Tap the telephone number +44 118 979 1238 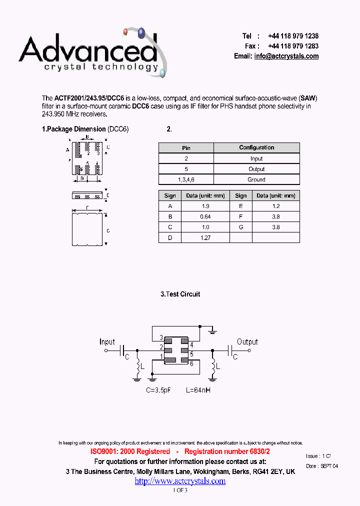293,36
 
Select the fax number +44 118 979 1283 293,46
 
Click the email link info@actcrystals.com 286,56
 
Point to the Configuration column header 256,147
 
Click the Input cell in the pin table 256,158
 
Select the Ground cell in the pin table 256,179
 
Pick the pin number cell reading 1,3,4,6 186,179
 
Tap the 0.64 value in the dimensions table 205,216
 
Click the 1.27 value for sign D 205,238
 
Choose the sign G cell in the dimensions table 240,227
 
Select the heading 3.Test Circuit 180,294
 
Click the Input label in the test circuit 107,342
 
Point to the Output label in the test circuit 247,342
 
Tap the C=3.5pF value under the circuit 158,389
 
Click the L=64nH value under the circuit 198,389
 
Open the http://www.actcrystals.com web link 180,481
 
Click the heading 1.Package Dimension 74,129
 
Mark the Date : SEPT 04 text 322,466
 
